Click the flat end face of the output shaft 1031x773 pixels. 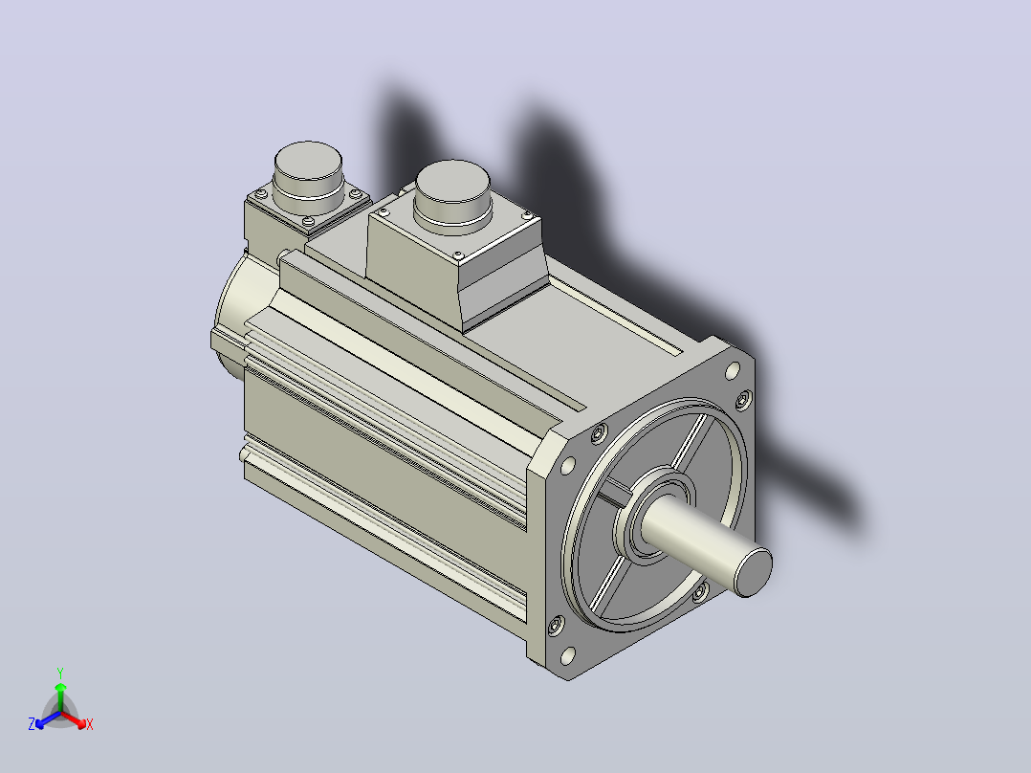point(754,572)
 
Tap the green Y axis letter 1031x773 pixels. point(60,673)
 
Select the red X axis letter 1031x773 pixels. point(90,724)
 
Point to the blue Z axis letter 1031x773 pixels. point(32,724)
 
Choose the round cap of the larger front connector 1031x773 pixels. point(453,182)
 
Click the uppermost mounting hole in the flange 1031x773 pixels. point(732,372)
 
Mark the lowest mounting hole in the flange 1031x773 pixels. point(567,656)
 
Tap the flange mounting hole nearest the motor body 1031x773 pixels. point(567,466)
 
